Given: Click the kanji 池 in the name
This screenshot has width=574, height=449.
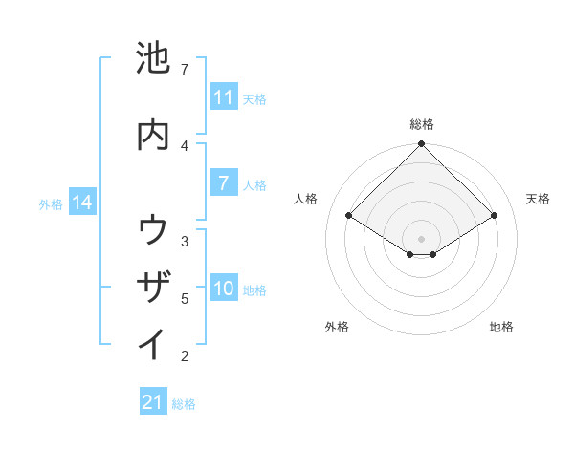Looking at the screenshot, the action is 154,58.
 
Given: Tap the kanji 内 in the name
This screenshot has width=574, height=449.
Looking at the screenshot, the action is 154,135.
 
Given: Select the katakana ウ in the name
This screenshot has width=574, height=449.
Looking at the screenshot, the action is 154,230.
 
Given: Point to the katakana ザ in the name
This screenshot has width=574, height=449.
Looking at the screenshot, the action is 154,287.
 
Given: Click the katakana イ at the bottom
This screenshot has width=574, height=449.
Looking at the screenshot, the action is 154,343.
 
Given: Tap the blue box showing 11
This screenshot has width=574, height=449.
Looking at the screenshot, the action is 223,97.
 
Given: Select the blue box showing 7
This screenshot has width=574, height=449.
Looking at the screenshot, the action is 223,183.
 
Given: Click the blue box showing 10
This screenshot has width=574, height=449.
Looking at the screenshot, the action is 223,289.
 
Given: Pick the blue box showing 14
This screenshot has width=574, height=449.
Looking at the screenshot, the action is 82,203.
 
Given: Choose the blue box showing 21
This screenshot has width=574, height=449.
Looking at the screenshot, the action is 153,402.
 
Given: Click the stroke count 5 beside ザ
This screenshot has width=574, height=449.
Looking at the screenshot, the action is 185,298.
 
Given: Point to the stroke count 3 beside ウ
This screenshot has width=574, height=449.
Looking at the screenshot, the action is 185,241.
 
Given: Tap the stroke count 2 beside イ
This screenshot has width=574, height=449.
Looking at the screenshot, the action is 185,356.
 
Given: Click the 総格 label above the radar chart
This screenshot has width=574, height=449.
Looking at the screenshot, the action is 422,124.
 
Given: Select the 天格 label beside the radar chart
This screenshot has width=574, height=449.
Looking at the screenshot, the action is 539,199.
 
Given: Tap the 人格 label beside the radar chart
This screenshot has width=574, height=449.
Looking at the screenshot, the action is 306,199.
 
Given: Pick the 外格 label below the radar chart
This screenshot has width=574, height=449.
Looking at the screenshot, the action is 337,327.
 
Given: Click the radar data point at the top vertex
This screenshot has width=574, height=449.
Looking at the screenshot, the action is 422,144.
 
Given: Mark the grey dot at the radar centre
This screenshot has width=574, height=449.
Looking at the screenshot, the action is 422,238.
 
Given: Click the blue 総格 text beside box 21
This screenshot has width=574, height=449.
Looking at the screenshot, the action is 184,404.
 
